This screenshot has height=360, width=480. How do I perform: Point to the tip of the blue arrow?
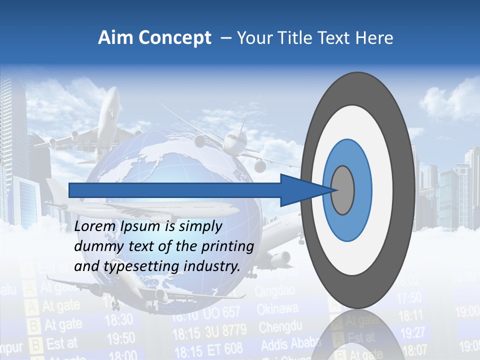tap(334, 190)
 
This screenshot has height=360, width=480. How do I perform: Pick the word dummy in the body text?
tap(95, 246)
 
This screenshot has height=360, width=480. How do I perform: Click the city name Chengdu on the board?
tap(280, 327)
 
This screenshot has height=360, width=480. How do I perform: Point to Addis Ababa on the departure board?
tap(290, 345)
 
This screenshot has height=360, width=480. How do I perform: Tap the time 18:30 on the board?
tap(119, 319)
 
